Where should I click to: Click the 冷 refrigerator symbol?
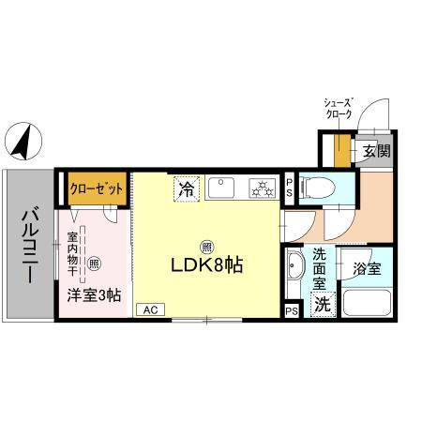[x=187, y=188]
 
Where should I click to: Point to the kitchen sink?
[x=222, y=188]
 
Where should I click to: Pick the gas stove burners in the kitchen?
[x=260, y=188]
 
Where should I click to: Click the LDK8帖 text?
[x=206, y=265]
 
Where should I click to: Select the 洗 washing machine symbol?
[x=323, y=304]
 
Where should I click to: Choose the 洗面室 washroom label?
[x=321, y=267]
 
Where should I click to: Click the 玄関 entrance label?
[x=371, y=150]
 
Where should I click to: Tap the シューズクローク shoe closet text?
[x=339, y=105]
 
